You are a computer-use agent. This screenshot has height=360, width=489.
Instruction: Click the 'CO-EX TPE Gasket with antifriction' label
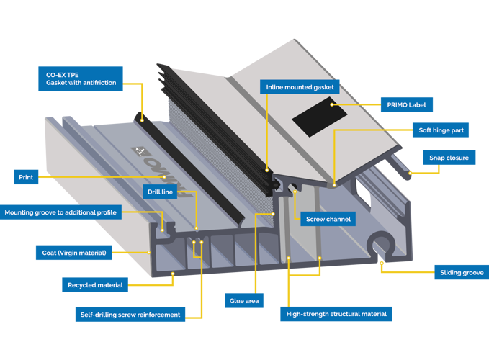click(81, 78)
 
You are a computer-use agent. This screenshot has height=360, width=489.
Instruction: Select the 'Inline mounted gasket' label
click(299, 87)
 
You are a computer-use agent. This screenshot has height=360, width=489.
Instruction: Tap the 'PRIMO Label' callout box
click(407, 105)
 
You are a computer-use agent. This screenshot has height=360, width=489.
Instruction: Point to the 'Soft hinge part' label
click(441, 131)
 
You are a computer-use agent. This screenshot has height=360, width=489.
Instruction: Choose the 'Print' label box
click(25, 176)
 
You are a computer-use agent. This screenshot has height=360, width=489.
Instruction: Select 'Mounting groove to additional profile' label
click(60, 212)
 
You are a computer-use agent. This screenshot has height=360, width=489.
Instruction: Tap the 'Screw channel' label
click(328, 218)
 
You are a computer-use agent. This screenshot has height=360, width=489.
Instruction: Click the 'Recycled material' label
click(95, 285)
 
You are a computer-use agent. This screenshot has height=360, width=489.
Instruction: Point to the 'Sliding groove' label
click(461, 272)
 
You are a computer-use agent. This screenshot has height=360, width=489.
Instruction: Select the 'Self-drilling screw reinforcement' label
click(130, 314)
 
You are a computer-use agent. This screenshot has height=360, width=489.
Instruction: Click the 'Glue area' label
click(245, 300)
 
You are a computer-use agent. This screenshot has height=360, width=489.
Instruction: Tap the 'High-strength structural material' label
click(336, 314)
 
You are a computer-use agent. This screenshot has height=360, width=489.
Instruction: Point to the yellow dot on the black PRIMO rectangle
click(331, 105)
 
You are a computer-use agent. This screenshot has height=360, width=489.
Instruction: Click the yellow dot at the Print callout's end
click(164, 176)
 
